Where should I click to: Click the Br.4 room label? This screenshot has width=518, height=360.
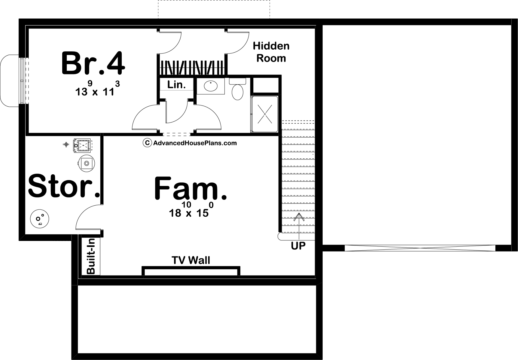tap(93, 63)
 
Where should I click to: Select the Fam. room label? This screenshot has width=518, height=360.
tap(190, 189)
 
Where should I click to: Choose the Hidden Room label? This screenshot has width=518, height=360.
tap(271, 52)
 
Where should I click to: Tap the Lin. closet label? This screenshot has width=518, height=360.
tap(176, 85)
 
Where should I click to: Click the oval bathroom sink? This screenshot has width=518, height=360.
tap(210, 86)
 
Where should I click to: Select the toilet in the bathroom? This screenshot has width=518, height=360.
tap(237, 91)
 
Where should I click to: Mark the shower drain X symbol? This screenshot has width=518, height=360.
tap(265, 114)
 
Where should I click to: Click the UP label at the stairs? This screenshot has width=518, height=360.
tap(298, 246)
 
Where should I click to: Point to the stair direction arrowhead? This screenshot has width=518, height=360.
tap(299, 217)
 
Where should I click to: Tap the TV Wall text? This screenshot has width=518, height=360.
tap(191, 260)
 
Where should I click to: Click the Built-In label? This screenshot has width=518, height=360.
tap(91, 256)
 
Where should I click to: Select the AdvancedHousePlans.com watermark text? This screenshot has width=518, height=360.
tap(195, 143)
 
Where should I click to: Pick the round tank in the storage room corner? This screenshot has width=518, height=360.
tap(40, 219)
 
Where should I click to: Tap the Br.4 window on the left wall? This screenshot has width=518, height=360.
tap(22, 81)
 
